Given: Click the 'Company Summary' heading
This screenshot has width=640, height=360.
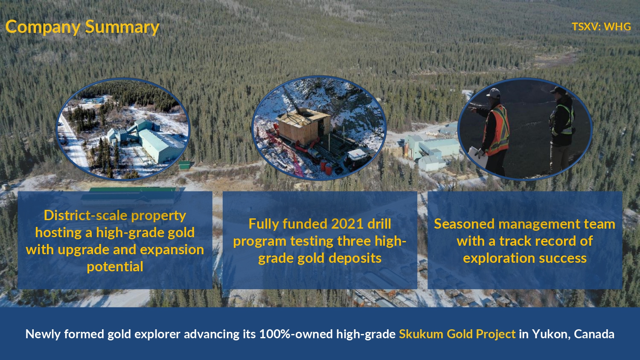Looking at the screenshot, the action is coord(82,27).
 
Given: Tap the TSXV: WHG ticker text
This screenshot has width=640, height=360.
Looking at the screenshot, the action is coord(601,26).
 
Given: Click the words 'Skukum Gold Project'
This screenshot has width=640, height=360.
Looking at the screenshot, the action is coord(457,334).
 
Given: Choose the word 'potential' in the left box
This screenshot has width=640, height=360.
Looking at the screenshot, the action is coord(115,267).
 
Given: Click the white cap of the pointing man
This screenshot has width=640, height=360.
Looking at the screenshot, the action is coord(493,93).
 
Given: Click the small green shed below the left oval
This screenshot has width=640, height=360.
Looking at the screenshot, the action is coord(185,165).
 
